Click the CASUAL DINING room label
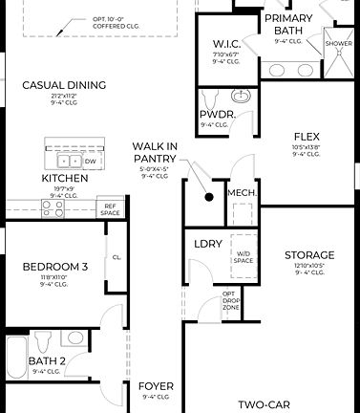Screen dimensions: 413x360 click(x=64, y=85)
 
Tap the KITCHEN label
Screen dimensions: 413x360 click(x=65, y=179)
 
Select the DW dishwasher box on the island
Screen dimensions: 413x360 click(x=89, y=163)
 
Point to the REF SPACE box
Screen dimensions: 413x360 click(x=110, y=208)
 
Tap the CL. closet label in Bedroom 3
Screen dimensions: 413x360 click(x=116, y=256)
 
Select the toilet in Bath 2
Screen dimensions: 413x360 click(x=41, y=339)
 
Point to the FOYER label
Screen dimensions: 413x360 click(x=156, y=386)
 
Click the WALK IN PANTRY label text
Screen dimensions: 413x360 click(x=155, y=152)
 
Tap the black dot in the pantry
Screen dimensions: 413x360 click(x=208, y=198)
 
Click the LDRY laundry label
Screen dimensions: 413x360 click(x=208, y=244)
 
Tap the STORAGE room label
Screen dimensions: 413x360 click(x=309, y=254)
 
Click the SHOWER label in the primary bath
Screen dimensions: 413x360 click(x=338, y=44)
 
